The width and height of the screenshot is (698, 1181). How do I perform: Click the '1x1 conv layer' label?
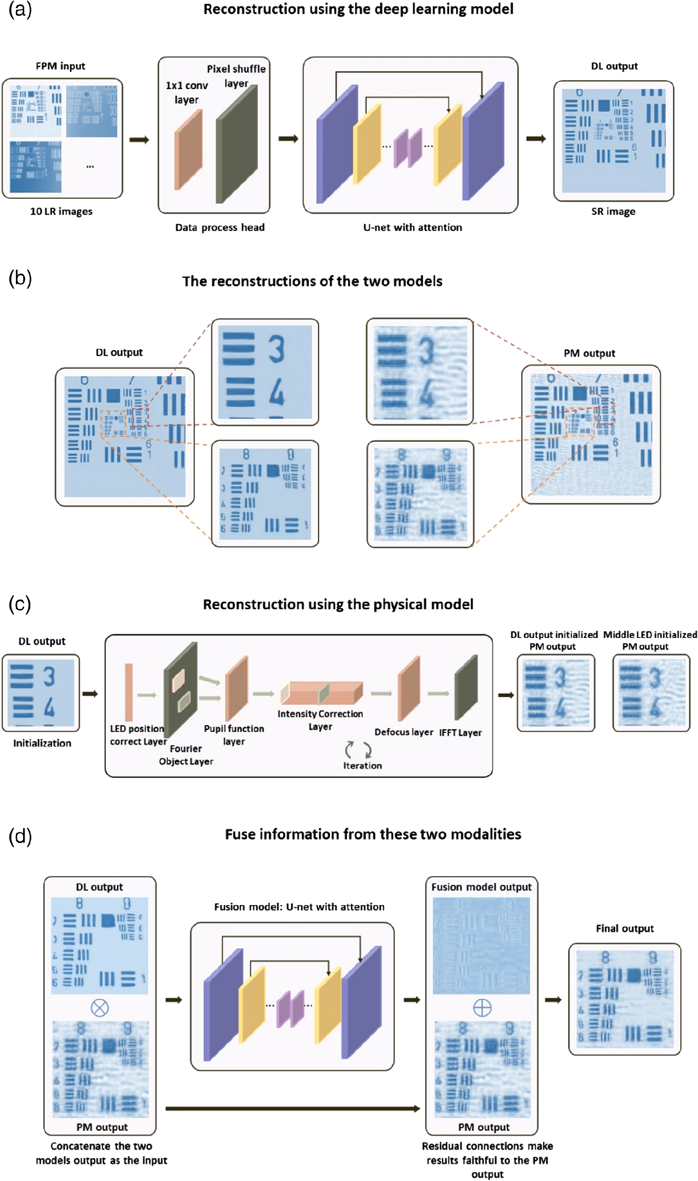click(x=186, y=92)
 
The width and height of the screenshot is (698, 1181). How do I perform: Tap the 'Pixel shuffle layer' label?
click(x=236, y=76)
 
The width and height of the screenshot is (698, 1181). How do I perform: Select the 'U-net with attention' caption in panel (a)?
click(x=412, y=227)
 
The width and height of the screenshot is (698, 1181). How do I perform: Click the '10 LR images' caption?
click(x=61, y=211)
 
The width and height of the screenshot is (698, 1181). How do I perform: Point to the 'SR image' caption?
click(x=613, y=211)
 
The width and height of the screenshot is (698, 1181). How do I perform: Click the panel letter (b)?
click(x=20, y=278)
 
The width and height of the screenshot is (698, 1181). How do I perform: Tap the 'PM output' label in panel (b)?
click(x=589, y=353)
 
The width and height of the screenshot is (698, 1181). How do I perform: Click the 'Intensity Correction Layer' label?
click(x=320, y=720)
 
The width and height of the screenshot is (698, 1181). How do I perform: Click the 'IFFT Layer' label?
click(x=460, y=733)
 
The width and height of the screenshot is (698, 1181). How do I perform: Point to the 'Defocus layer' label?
click(x=403, y=732)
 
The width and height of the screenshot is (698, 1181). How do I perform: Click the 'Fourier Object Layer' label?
click(x=186, y=755)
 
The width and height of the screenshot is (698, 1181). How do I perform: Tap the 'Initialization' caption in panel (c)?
click(x=42, y=743)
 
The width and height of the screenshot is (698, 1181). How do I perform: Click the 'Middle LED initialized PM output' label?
click(x=649, y=640)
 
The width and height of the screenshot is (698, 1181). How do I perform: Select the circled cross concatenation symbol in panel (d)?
click(x=100, y=1007)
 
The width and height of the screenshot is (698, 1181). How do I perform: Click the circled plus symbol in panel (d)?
click(x=482, y=1007)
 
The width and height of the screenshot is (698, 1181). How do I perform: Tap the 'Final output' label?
click(x=624, y=928)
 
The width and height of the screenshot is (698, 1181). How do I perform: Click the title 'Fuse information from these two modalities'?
click(x=373, y=834)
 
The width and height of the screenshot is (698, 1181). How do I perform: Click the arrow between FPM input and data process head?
click(x=140, y=140)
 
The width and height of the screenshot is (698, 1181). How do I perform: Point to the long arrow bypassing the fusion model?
click(x=292, y=1108)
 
